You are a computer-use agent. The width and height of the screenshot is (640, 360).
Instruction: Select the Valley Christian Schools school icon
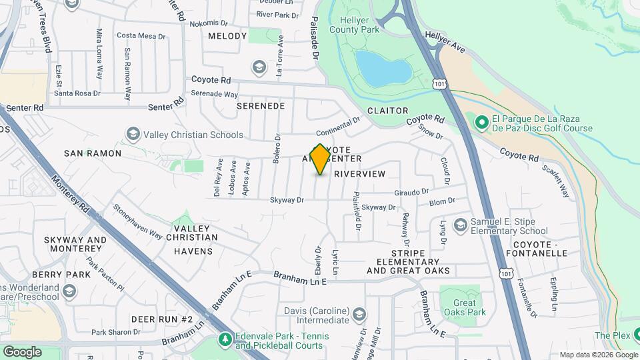coord(133,135)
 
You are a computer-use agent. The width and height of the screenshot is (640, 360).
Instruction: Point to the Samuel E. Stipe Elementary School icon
coord(459,225)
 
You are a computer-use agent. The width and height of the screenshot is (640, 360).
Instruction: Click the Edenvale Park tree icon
coord(225,340)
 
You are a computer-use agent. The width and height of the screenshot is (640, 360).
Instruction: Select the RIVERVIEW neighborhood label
coord(359,173)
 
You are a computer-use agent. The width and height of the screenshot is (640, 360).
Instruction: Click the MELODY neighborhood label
coord(227,36)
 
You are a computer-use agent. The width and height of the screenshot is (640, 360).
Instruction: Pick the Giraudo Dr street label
coord(411,192)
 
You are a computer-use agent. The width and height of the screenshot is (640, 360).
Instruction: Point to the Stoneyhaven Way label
coord(137,221)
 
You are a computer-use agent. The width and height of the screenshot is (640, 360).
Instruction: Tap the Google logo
coord(22,351)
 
